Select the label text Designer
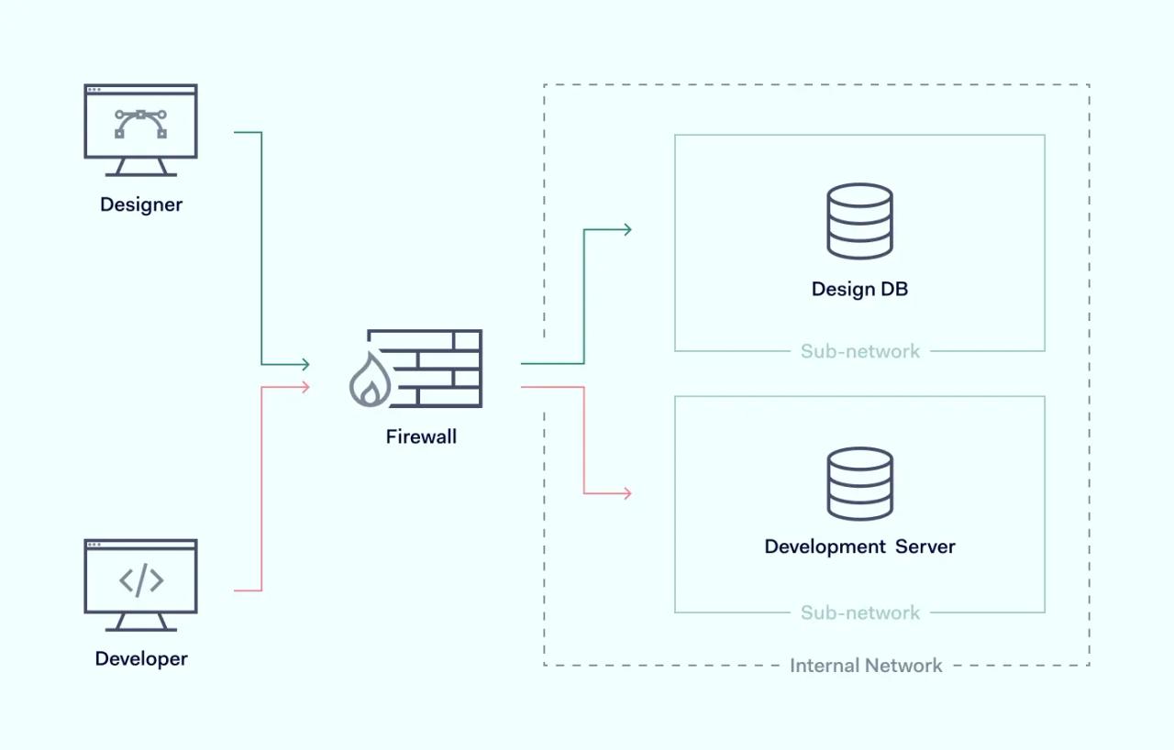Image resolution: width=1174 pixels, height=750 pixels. pyautogui.click(x=141, y=204)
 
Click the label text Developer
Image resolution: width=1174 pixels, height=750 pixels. pyautogui.click(x=141, y=658)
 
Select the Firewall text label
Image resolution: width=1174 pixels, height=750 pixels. pyautogui.click(x=421, y=436)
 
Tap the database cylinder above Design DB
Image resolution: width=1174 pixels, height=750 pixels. pyautogui.click(x=859, y=221)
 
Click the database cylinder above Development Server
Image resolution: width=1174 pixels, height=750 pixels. pyautogui.click(x=859, y=484)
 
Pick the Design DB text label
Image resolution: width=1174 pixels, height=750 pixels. pyautogui.click(x=859, y=290)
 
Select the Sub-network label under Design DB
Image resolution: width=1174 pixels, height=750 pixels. pyautogui.click(x=859, y=351)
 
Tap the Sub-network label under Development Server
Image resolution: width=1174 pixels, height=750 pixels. pyautogui.click(x=859, y=612)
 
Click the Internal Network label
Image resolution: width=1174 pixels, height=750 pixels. pyautogui.click(x=866, y=666)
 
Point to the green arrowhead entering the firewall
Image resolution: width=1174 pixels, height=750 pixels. pyautogui.click(x=305, y=365)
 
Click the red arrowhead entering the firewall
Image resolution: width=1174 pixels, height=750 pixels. pyautogui.click(x=305, y=387)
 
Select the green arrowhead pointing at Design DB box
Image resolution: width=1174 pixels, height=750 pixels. pyautogui.click(x=626, y=229)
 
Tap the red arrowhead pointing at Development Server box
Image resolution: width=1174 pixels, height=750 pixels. pyautogui.click(x=626, y=493)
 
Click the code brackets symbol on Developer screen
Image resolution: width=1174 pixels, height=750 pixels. pyautogui.click(x=141, y=580)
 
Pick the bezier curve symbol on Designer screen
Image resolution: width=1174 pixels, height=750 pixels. pyautogui.click(x=140, y=123)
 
